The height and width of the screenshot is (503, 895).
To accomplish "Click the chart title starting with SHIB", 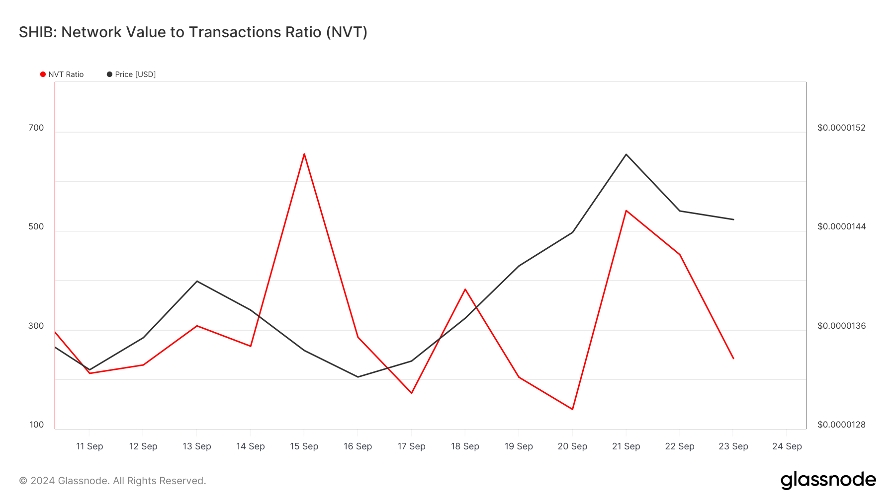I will (193, 32).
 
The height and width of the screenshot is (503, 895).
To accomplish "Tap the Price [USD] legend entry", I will (131, 74).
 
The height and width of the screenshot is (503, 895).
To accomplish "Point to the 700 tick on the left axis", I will (36, 128).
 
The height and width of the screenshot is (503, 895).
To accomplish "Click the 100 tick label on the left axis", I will (36, 425).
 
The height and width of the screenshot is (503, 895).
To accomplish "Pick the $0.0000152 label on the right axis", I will (841, 128).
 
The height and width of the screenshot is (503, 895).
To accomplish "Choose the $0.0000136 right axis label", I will (841, 326).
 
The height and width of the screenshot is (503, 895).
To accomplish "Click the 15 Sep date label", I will (304, 446).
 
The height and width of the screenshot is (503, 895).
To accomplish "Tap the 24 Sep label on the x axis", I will (787, 446).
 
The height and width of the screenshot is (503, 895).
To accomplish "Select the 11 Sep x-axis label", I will (89, 446).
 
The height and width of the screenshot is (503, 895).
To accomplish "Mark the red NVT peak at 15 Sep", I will (304, 154).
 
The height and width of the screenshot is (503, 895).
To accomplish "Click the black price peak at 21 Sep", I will (626, 154).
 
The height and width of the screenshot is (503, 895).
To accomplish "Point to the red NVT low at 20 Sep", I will (572, 409).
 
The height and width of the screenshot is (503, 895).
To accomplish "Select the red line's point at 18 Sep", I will (465, 289).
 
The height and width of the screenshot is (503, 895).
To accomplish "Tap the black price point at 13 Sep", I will (197, 281).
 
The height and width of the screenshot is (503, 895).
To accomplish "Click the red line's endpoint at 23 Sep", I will (733, 359).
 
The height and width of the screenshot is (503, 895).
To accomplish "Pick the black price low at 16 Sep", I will (358, 377).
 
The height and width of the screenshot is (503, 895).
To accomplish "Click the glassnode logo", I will (828, 480).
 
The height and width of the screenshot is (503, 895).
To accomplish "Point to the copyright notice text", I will (112, 481).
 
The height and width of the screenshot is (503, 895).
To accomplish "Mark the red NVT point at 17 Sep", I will (412, 393).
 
